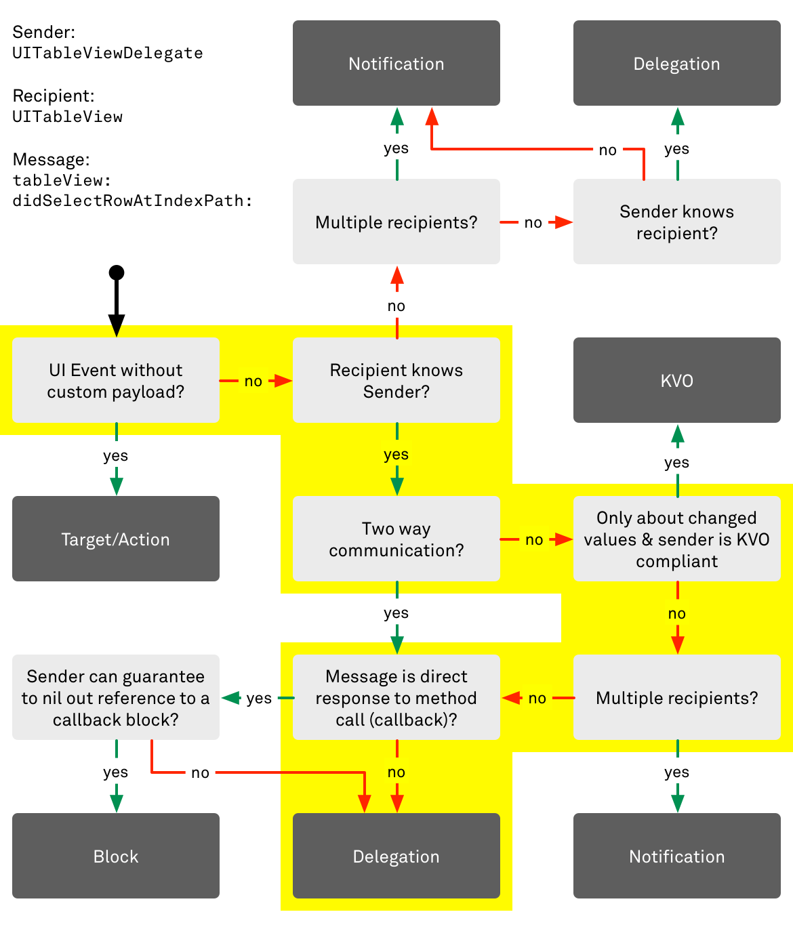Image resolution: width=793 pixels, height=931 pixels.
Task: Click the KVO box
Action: [x=676, y=380]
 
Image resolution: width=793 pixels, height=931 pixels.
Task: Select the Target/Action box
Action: [x=116, y=539]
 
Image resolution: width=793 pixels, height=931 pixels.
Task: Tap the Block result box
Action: [x=116, y=856]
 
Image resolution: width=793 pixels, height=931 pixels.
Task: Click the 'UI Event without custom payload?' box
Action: [x=116, y=380]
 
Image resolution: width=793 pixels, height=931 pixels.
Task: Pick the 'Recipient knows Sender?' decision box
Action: [x=396, y=380]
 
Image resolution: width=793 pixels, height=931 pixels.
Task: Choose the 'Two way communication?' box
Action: [x=396, y=539]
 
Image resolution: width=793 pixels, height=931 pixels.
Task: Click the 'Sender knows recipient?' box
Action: [x=676, y=222]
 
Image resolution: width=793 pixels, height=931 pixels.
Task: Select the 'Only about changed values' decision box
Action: [x=676, y=539]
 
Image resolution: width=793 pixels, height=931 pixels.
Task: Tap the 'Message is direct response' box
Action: [x=396, y=697]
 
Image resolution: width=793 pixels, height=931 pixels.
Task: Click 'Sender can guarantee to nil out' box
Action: [x=116, y=697]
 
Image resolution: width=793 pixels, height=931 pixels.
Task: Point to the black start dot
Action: [x=117, y=272]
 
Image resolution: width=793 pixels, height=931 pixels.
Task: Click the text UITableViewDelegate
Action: [x=108, y=53]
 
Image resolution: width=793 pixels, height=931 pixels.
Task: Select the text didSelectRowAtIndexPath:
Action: [x=133, y=201]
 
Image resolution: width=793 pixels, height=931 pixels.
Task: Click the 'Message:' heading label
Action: [x=51, y=159]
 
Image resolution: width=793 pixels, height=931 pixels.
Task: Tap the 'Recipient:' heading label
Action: [x=54, y=96]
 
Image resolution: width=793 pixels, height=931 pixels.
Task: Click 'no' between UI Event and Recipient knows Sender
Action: [x=253, y=381]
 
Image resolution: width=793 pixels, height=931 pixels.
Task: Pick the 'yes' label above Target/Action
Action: [x=116, y=455]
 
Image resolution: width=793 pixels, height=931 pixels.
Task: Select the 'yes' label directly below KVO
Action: [x=676, y=462]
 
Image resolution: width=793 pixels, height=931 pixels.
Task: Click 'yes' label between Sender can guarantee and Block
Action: [x=116, y=772]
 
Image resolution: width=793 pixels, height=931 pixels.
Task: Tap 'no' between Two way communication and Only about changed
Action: [x=534, y=539]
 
